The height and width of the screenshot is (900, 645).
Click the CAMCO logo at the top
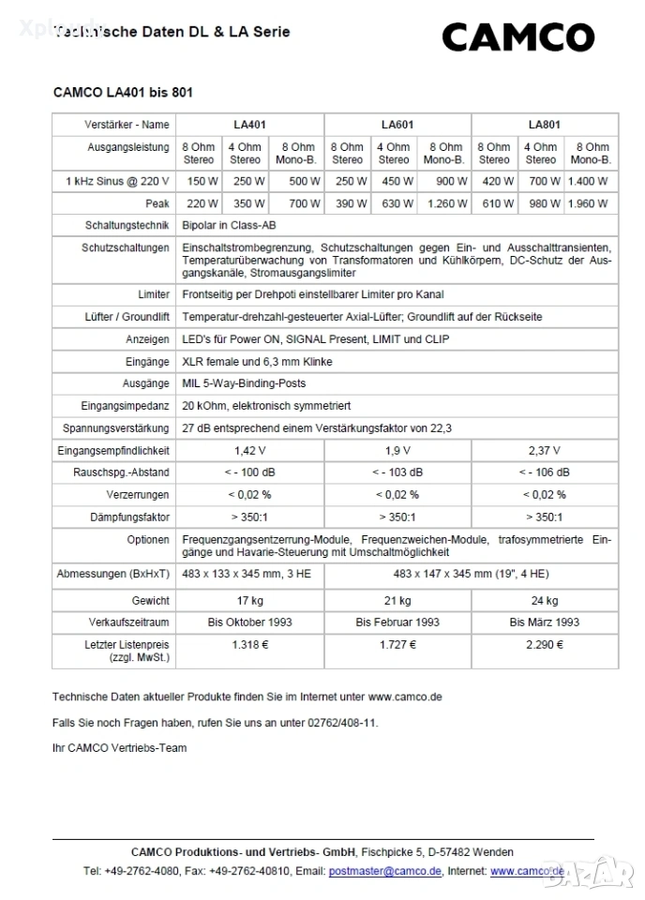[x=517, y=37]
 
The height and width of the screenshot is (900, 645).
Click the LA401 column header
[x=249, y=125]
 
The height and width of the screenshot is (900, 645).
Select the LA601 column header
[x=397, y=125]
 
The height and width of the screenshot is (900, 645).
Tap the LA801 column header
[x=544, y=125]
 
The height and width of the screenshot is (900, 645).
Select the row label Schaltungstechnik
[x=127, y=226]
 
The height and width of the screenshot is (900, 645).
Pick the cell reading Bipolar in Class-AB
[x=229, y=226]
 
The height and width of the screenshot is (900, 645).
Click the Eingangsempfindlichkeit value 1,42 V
[x=249, y=451]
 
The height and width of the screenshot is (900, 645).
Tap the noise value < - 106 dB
[x=544, y=472]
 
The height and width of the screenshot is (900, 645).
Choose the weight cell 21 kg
[x=397, y=600]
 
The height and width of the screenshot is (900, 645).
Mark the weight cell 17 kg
[x=249, y=600]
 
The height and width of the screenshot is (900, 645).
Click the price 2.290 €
[x=544, y=645]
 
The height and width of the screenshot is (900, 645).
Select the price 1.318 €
[x=249, y=645]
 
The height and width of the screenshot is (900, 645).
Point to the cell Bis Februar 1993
[x=397, y=622]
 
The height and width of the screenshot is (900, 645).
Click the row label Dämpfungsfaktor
[x=129, y=517]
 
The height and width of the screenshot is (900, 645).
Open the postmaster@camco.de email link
[x=384, y=871]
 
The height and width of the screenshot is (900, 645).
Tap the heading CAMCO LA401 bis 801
[x=123, y=93]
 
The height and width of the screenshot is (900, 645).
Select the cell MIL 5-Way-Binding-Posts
[x=244, y=383]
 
